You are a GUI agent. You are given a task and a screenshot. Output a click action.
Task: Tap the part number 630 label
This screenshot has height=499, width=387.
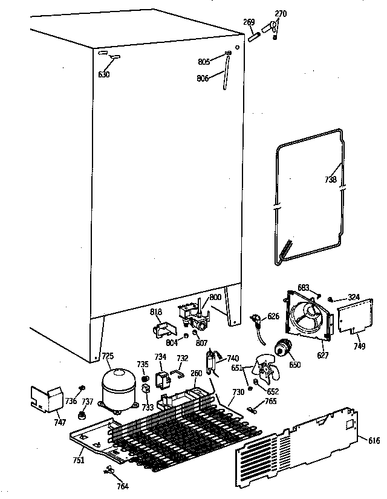104,75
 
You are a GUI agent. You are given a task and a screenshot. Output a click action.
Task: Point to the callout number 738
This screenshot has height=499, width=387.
330,180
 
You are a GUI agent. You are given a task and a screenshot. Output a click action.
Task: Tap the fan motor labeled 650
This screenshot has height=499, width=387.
281,349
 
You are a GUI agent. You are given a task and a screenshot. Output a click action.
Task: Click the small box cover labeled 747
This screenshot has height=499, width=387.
47,398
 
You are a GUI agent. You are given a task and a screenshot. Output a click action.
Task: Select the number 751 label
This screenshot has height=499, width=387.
79,460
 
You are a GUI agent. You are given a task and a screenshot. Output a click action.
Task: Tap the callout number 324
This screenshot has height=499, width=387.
353,296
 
